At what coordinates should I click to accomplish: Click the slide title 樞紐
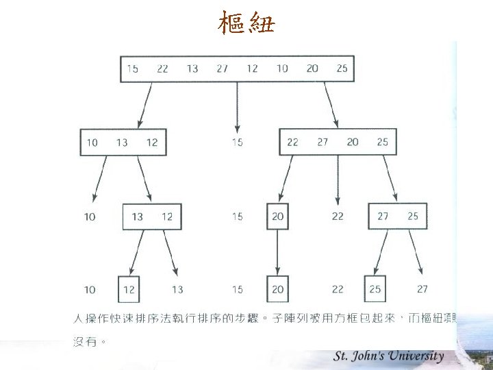pyautogui.click(x=246, y=25)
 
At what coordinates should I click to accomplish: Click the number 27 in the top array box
pyautogui.click(x=222, y=69)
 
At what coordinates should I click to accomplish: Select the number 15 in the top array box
pyautogui.click(x=132, y=69)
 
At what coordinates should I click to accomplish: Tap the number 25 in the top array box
pyautogui.click(x=342, y=69)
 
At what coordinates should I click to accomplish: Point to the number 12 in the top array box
pyautogui.click(x=253, y=69)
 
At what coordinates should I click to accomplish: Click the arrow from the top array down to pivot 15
pyautogui.click(x=238, y=106)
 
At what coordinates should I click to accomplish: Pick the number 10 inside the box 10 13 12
pyautogui.click(x=92, y=143)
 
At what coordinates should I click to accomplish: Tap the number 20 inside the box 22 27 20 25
pyautogui.click(x=353, y=142)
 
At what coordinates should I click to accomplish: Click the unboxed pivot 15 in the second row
pyautogui.click(x=237, y=143)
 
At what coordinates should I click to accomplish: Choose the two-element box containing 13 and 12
pyautogui.click(x=152, y=217)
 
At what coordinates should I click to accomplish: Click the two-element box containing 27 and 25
pyautogui.click(x=398, y=217)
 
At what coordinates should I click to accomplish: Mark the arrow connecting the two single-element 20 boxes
pyautogui.click(x=277, y=252)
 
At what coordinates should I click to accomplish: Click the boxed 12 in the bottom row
pyautogui.click(x=129, y=290)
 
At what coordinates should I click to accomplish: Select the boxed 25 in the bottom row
pyautogui.click(x=375, y=290)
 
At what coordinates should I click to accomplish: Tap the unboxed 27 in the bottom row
pyautogui.click(x=422, y=289)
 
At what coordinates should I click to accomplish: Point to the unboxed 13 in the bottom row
pyautogui.click(x=177, y=290)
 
